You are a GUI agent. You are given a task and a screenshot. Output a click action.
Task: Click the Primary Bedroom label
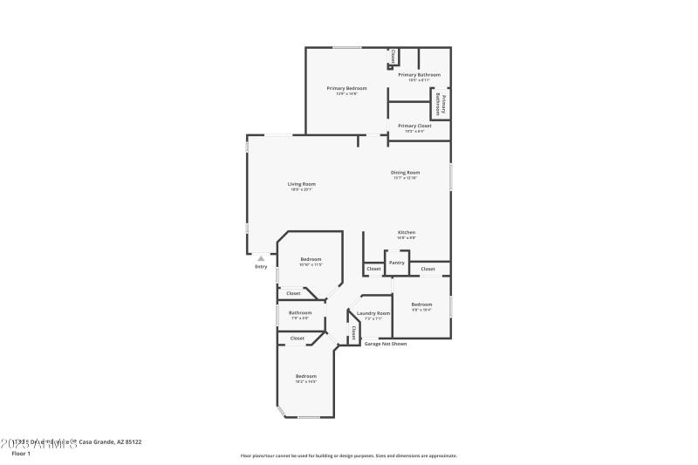coord(346,88)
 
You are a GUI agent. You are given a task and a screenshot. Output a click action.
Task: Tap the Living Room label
coord(302,184)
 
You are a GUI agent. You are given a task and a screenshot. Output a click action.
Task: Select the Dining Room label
coord(405,173)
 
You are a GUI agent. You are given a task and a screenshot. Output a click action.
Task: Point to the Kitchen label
coord(406,232)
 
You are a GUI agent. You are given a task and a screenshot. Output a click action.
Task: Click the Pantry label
coord(396,263)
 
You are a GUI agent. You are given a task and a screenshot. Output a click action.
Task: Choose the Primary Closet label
coord(414,126)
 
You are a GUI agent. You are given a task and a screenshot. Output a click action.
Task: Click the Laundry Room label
coord(373,313)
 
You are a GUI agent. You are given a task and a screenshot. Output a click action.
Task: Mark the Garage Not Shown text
coord(385,344)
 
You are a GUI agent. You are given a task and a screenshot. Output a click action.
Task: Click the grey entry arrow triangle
coord(260,258)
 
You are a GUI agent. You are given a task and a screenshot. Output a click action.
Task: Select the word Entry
coord(261,267)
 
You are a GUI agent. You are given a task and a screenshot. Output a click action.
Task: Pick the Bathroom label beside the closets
coord(300,312)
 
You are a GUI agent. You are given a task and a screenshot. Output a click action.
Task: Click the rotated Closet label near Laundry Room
coord(353,332)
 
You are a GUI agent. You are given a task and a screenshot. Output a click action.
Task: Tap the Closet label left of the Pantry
coord(373,269)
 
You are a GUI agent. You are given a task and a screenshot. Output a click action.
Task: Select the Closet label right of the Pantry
coord(428,269)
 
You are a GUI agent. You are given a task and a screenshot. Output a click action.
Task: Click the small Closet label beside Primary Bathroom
coord(393,56)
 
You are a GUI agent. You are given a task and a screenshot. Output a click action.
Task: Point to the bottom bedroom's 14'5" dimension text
coord(305,382)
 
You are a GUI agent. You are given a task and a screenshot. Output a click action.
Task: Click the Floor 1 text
coord(21,454)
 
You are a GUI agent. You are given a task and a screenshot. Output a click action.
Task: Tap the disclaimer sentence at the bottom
coord(348,455)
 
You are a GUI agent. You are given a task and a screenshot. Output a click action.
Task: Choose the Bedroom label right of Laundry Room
coord(421,304)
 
